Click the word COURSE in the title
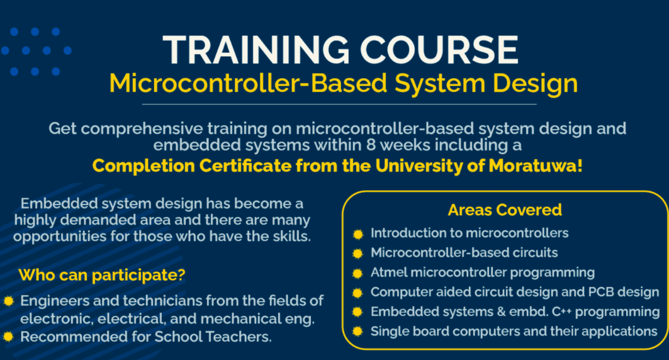[440, 50]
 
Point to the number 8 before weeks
[371, 145]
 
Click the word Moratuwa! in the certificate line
[535, 166]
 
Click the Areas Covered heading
[505, 210]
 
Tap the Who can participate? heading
[102, 275]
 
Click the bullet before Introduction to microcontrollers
[358, 234]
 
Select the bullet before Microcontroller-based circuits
[358, 254]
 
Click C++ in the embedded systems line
[562, 312]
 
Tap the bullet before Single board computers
[358, 331]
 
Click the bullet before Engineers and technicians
[9, 301]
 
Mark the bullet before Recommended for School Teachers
[9, 337]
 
